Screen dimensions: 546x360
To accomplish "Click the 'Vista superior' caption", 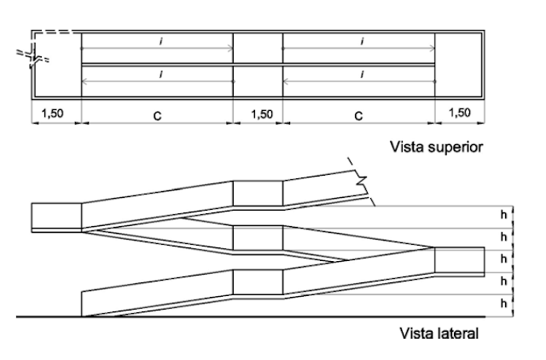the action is point(436,147).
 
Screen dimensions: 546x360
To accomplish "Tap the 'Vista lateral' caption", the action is point(439,334).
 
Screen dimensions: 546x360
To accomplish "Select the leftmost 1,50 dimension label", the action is point(53,113).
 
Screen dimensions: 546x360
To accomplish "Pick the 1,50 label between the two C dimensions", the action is point(262,114).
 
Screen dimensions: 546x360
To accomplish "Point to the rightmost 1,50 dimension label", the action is point(460,113).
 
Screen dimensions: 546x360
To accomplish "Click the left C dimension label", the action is point(157,116).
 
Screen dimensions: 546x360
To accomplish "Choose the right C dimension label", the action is point(358,116).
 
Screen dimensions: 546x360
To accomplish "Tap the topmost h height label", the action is point(503,215).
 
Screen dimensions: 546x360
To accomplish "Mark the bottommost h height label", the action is point(503,303).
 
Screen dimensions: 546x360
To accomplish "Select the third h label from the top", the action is point(503,258).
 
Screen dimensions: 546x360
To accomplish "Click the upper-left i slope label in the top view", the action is point(160,42).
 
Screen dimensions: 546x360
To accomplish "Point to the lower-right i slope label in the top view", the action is point(363,74).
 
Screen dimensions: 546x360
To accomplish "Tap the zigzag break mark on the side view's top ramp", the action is point(361,181).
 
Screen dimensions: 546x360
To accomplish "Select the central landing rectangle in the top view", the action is point(258,65).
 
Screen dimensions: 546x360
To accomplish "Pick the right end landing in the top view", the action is point(458,65).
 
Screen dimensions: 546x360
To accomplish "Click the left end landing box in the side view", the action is point(56,218).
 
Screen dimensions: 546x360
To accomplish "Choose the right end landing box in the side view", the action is point(460,262).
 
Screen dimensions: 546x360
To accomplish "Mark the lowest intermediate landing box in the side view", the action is point(258,282).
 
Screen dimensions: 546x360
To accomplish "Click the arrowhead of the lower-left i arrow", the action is point(84,82).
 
